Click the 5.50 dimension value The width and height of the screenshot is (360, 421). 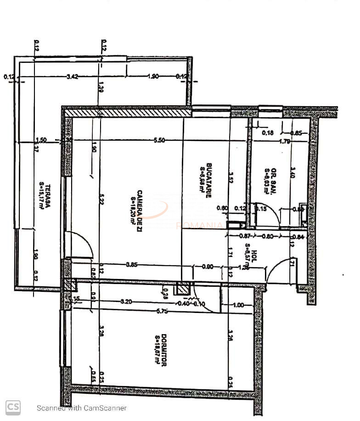pyautogui.click(x=159, y=141)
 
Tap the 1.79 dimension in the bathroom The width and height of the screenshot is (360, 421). pyautogui.click(x=285, y=142)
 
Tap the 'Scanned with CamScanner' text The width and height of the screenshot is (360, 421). pyautogui.click(x=82, y=408)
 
